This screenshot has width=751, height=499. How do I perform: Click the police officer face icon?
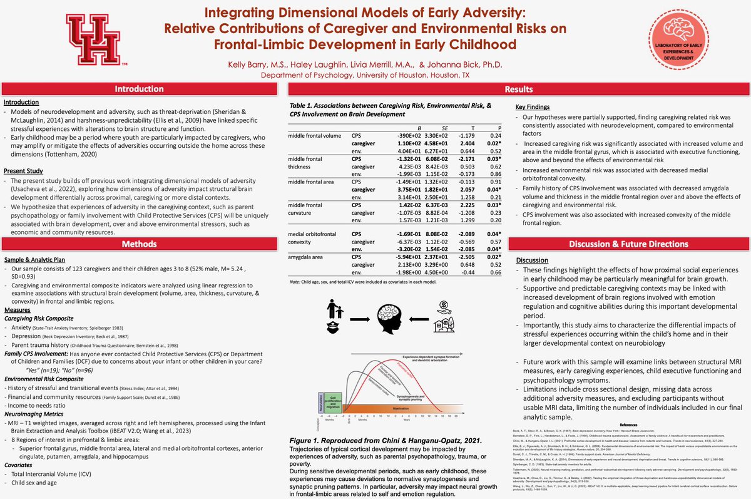tap(330, 326)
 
